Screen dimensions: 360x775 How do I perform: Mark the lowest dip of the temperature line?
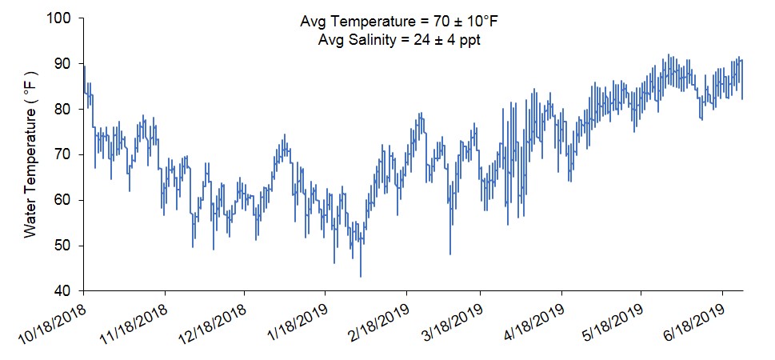(361, 276)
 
